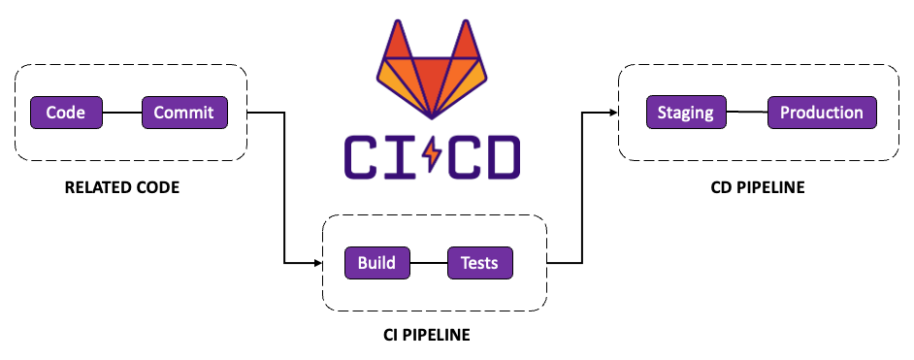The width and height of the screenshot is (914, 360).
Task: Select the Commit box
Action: click(x=185, y=113)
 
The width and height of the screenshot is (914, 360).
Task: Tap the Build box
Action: click(x=376, y=263)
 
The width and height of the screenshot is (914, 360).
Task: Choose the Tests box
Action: click(x=479, y=263)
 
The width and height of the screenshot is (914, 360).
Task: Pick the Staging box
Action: click(x=685, y=112)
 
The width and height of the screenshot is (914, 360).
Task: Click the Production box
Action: click(x=822, y=112)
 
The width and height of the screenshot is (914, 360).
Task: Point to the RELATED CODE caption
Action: click(x=121, y=187)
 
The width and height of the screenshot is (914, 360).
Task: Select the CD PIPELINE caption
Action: click(x=758, y=187)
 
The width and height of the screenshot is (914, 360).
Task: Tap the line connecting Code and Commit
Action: click(x=122, y=113)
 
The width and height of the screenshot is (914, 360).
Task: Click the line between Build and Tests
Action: click(x=428, y=263)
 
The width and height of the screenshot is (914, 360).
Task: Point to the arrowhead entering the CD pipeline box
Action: click(x=613, y=112)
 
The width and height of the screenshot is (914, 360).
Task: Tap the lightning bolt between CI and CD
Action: click(x=432, y=153)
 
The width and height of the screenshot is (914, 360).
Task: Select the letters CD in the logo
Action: click(x=484, y=153)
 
